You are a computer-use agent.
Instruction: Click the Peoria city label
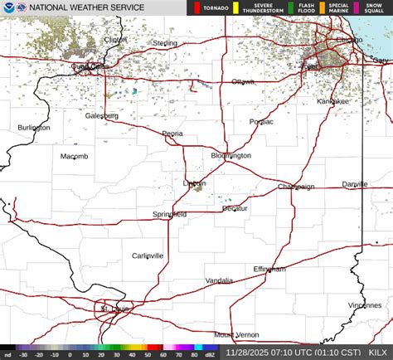coord(172,133)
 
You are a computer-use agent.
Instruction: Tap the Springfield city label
coord(169,214)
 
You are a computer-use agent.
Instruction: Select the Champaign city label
coord(296,187)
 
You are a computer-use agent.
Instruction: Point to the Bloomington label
coord(230,155)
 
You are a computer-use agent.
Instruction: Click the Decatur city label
coord(235,208)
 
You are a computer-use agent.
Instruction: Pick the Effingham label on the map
coord(269,269)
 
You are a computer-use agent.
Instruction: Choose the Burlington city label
coord(34,128)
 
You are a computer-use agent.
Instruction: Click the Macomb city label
coord(74,156)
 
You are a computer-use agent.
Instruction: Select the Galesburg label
coord(101,116)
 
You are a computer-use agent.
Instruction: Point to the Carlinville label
coord(148,255)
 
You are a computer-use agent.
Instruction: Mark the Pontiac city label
coord(261,121)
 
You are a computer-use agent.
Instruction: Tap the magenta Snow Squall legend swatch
coord(356,9)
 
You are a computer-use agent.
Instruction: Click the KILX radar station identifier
coord(376,353)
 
